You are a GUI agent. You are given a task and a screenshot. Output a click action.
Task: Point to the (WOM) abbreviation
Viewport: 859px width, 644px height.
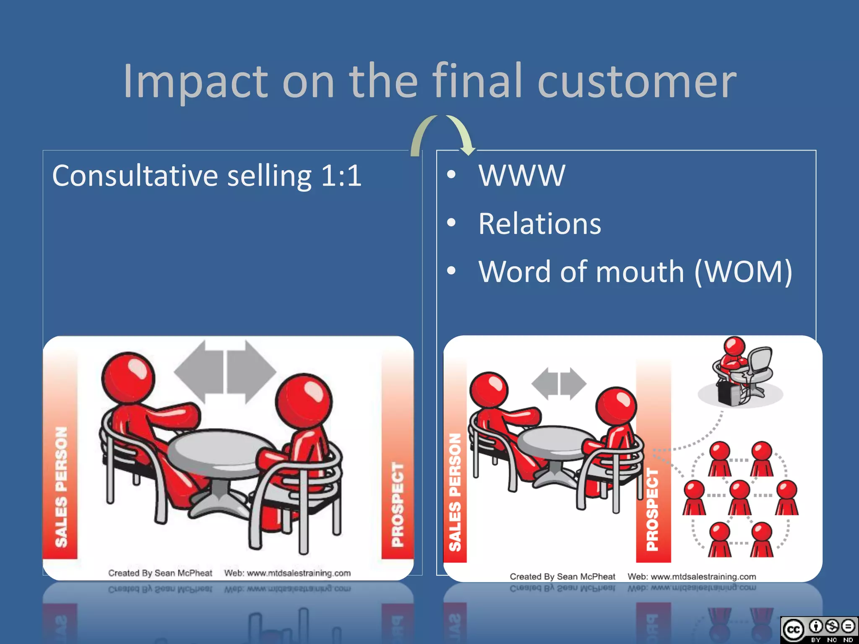click(x=743, y=272)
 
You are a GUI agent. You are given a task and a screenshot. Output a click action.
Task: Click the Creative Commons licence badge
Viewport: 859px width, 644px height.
click(x=818, y=629)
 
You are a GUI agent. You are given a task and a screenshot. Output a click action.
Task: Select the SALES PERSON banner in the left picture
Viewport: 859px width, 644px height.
click(x=61, y=486)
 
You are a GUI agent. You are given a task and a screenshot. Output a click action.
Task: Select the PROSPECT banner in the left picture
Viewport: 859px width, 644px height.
click(x=397, y=503)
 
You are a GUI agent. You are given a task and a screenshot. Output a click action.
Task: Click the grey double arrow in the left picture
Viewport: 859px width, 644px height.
click(x=225, y=371)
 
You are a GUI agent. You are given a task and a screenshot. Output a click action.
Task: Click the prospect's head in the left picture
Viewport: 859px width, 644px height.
click(x=304, y=400)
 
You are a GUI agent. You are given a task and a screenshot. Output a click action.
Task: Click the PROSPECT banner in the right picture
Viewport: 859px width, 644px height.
click(x=653, y=507)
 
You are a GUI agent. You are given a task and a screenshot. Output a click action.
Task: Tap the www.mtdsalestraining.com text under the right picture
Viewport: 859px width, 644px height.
click(x=703, y=577)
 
